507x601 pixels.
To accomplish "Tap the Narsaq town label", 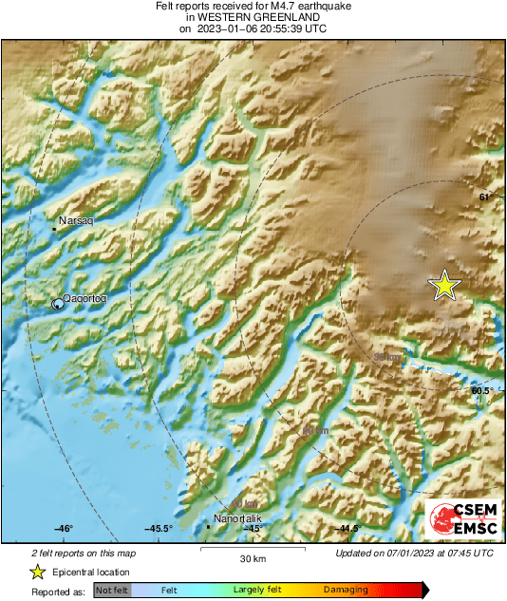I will [75, 220].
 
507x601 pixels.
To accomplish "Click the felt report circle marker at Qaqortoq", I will [58, 303].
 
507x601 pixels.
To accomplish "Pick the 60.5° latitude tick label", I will [481, 390].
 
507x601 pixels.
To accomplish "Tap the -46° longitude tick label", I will [63, 528].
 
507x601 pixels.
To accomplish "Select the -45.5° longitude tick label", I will [157, 528].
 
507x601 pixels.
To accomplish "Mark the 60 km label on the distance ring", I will [315, 431].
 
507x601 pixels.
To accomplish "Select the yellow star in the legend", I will [37, 572].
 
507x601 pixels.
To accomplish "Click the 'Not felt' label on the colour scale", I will [111, 591].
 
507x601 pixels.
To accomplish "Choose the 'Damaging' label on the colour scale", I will [346, 591].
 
